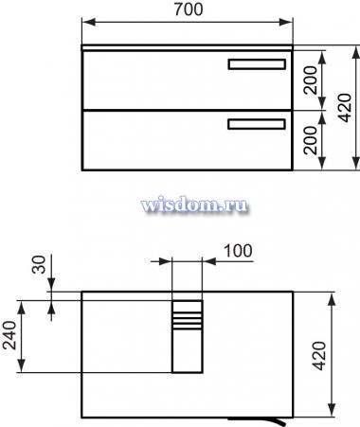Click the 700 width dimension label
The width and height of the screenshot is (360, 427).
click(189, 9)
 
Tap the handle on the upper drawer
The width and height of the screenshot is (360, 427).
click(257, 64)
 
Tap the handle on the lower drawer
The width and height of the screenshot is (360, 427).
click(257, 124)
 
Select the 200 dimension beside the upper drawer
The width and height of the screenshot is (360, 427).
click(310, 80)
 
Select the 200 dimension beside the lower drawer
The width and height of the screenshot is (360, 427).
click(310, 140)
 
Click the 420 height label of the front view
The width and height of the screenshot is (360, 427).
click(345, 108)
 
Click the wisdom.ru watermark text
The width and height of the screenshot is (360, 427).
click(194, 205)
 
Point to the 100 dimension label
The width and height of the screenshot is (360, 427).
click(238, 251)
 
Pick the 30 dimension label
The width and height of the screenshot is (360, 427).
click(39, 264)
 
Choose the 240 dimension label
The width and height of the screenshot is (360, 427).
click(9, 335)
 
